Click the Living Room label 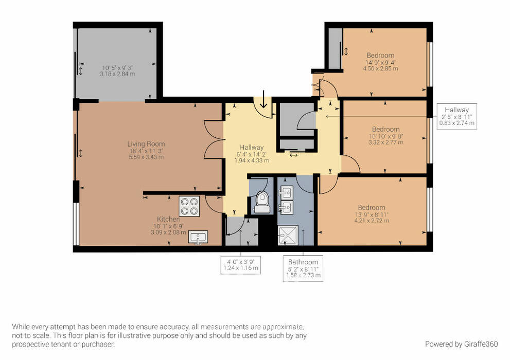click(146, 143)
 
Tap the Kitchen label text click(168, 219)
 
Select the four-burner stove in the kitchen click(189, 206)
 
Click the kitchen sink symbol click(198, 237)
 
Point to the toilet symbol click(262, 202)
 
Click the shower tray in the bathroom click(288, 235)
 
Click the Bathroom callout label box click(303, 268)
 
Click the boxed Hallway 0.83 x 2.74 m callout click(456, 116)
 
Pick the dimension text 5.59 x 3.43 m click(146, 157)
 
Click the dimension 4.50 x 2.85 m click(380, 68)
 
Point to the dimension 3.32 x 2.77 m click(386, 142)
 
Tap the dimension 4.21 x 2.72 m click(372, 221)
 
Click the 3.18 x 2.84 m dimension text click(117, 74)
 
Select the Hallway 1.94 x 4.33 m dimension click(252, 160)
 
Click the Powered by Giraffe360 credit click(461, 344)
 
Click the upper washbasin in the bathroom click(286, 192)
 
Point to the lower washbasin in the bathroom click(286, 206)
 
